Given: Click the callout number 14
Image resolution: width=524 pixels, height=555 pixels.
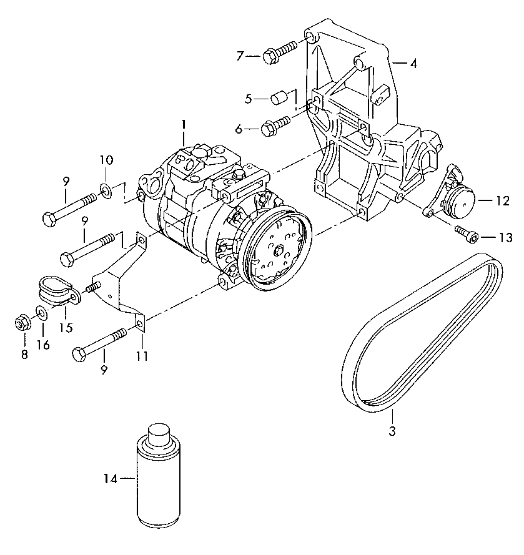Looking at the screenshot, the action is click(x=110, y=479).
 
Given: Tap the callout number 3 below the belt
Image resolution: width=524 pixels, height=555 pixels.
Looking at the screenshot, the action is click(x=392, y=431).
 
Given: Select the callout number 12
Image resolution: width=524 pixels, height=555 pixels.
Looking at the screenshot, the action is click(x=502, y=200).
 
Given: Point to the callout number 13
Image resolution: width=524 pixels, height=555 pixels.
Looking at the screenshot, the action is click(x=505, y=238).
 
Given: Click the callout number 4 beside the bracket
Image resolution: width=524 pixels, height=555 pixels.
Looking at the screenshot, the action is click(x=413, y=64).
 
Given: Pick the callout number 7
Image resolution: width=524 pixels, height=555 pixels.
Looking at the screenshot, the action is click(x=240, y=56).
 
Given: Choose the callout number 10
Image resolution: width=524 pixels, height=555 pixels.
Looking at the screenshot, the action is click(x=106, y=160).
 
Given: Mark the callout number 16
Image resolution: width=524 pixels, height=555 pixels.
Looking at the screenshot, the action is click(x=43, y=345).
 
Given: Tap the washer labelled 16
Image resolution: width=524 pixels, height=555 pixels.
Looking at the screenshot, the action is click(x=42, y=313).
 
